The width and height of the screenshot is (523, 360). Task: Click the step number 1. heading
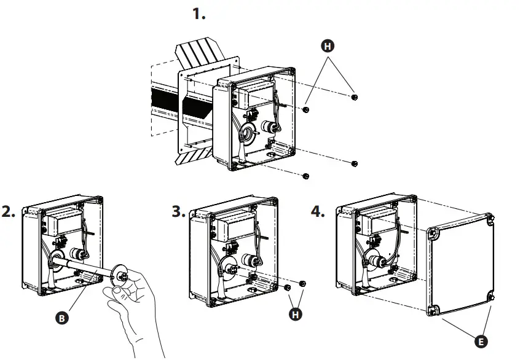point(199,14)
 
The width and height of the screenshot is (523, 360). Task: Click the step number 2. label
point(9,213)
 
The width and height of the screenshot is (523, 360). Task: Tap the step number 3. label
point(178,213)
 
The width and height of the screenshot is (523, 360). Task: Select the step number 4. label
point(318,213)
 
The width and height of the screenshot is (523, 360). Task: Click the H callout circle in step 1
point(329,46)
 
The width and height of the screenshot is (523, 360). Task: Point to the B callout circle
point(61,318)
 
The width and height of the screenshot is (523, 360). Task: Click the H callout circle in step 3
point(296,314)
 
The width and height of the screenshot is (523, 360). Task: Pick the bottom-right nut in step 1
point(355,163)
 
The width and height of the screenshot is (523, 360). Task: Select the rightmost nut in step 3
point(302,283)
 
